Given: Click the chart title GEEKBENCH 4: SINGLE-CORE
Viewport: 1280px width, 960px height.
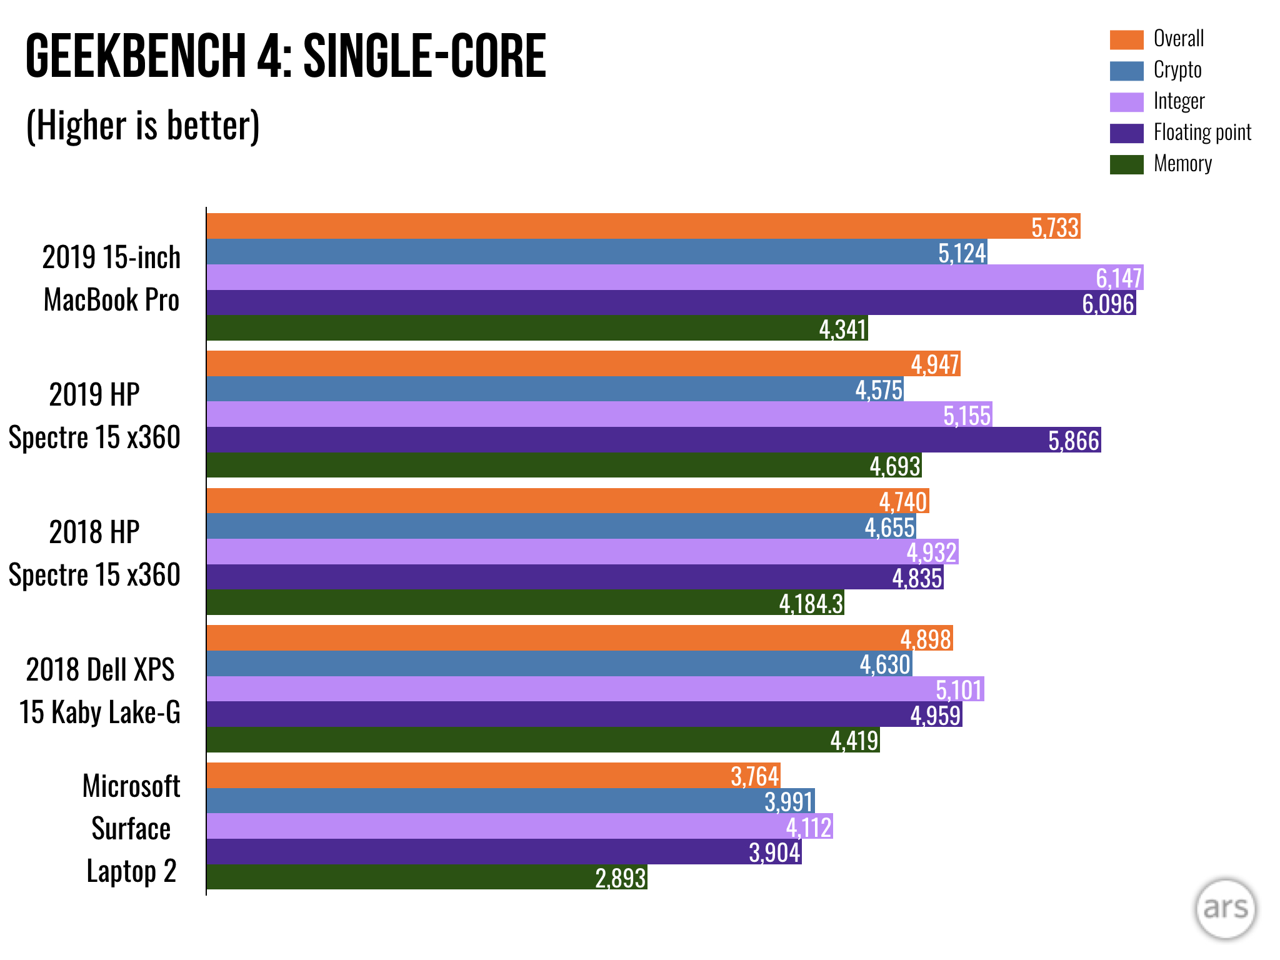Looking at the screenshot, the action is pos(286,56).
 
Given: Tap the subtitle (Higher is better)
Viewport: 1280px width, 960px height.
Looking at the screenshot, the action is pos(142,126).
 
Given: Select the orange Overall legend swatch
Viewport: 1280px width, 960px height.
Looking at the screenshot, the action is pos(1126,39).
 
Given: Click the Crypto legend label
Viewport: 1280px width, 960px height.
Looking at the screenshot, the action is pos(1177,70).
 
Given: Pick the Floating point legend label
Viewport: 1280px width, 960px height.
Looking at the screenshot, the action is pos(1202,132).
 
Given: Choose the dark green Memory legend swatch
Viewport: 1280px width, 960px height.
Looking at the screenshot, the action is pos(1126,164).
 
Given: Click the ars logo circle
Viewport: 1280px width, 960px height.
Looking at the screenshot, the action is pos(1225,909).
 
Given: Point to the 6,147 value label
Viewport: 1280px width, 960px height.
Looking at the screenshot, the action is pos(1119,277).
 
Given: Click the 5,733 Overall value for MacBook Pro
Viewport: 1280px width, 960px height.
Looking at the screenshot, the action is pos(1055,227).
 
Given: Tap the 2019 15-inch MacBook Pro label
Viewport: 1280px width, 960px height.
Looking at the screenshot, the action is pos(111,278).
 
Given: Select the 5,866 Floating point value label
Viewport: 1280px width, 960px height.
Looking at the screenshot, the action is pos(1073,441).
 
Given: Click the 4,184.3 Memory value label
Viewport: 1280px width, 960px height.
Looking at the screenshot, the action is pos(811,604).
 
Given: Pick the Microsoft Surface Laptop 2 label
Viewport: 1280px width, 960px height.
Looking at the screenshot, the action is pos(131,828).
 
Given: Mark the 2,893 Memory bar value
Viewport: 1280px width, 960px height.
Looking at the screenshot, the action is pos(620,878).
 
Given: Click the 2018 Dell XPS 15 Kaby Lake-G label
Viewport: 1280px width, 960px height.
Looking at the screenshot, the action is pos(100,691).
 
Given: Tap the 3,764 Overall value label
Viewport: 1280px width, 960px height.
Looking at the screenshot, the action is pos(755,776).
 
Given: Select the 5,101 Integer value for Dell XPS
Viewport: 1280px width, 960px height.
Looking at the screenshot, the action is pos(959,690).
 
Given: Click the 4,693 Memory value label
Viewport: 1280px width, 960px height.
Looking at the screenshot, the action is pos(895,466).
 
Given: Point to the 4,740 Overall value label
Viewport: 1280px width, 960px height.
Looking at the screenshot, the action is pos(903,502).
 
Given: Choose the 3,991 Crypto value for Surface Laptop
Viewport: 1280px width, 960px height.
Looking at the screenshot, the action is pos(789,802).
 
